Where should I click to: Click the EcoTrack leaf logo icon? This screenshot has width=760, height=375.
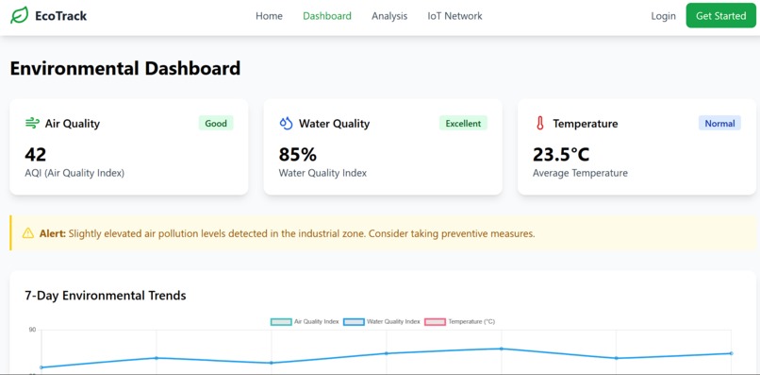click(19, 16)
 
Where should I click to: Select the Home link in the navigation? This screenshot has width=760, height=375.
click(269, 16)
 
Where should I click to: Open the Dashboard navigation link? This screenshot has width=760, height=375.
click(327, 16)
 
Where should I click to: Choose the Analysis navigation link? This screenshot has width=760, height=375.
click(389, 16)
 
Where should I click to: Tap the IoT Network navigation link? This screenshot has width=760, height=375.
click(454, 16)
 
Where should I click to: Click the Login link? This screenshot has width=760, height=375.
click(663, 16)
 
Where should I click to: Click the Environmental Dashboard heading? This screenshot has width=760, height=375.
click(125, 68)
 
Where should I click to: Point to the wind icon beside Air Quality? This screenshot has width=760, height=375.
click(32, 124)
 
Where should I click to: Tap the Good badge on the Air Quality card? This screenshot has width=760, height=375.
click(216, 124)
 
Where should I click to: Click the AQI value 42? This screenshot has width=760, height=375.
click(36, 154)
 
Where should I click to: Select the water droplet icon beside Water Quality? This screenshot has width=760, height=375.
click(286, 124)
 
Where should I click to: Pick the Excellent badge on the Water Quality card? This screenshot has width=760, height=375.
click(463, 124)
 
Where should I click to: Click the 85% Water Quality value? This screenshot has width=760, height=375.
click(298, 154)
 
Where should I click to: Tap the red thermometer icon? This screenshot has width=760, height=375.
click(540, 124)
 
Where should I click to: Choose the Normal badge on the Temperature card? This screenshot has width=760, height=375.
click(719, 124)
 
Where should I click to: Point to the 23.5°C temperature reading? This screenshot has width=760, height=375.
click(561, 154)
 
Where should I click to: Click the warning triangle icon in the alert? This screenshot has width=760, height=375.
click(28, 233)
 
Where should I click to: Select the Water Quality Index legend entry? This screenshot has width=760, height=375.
click(382, 322)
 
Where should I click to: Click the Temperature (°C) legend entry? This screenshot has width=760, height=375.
click(459, 322)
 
